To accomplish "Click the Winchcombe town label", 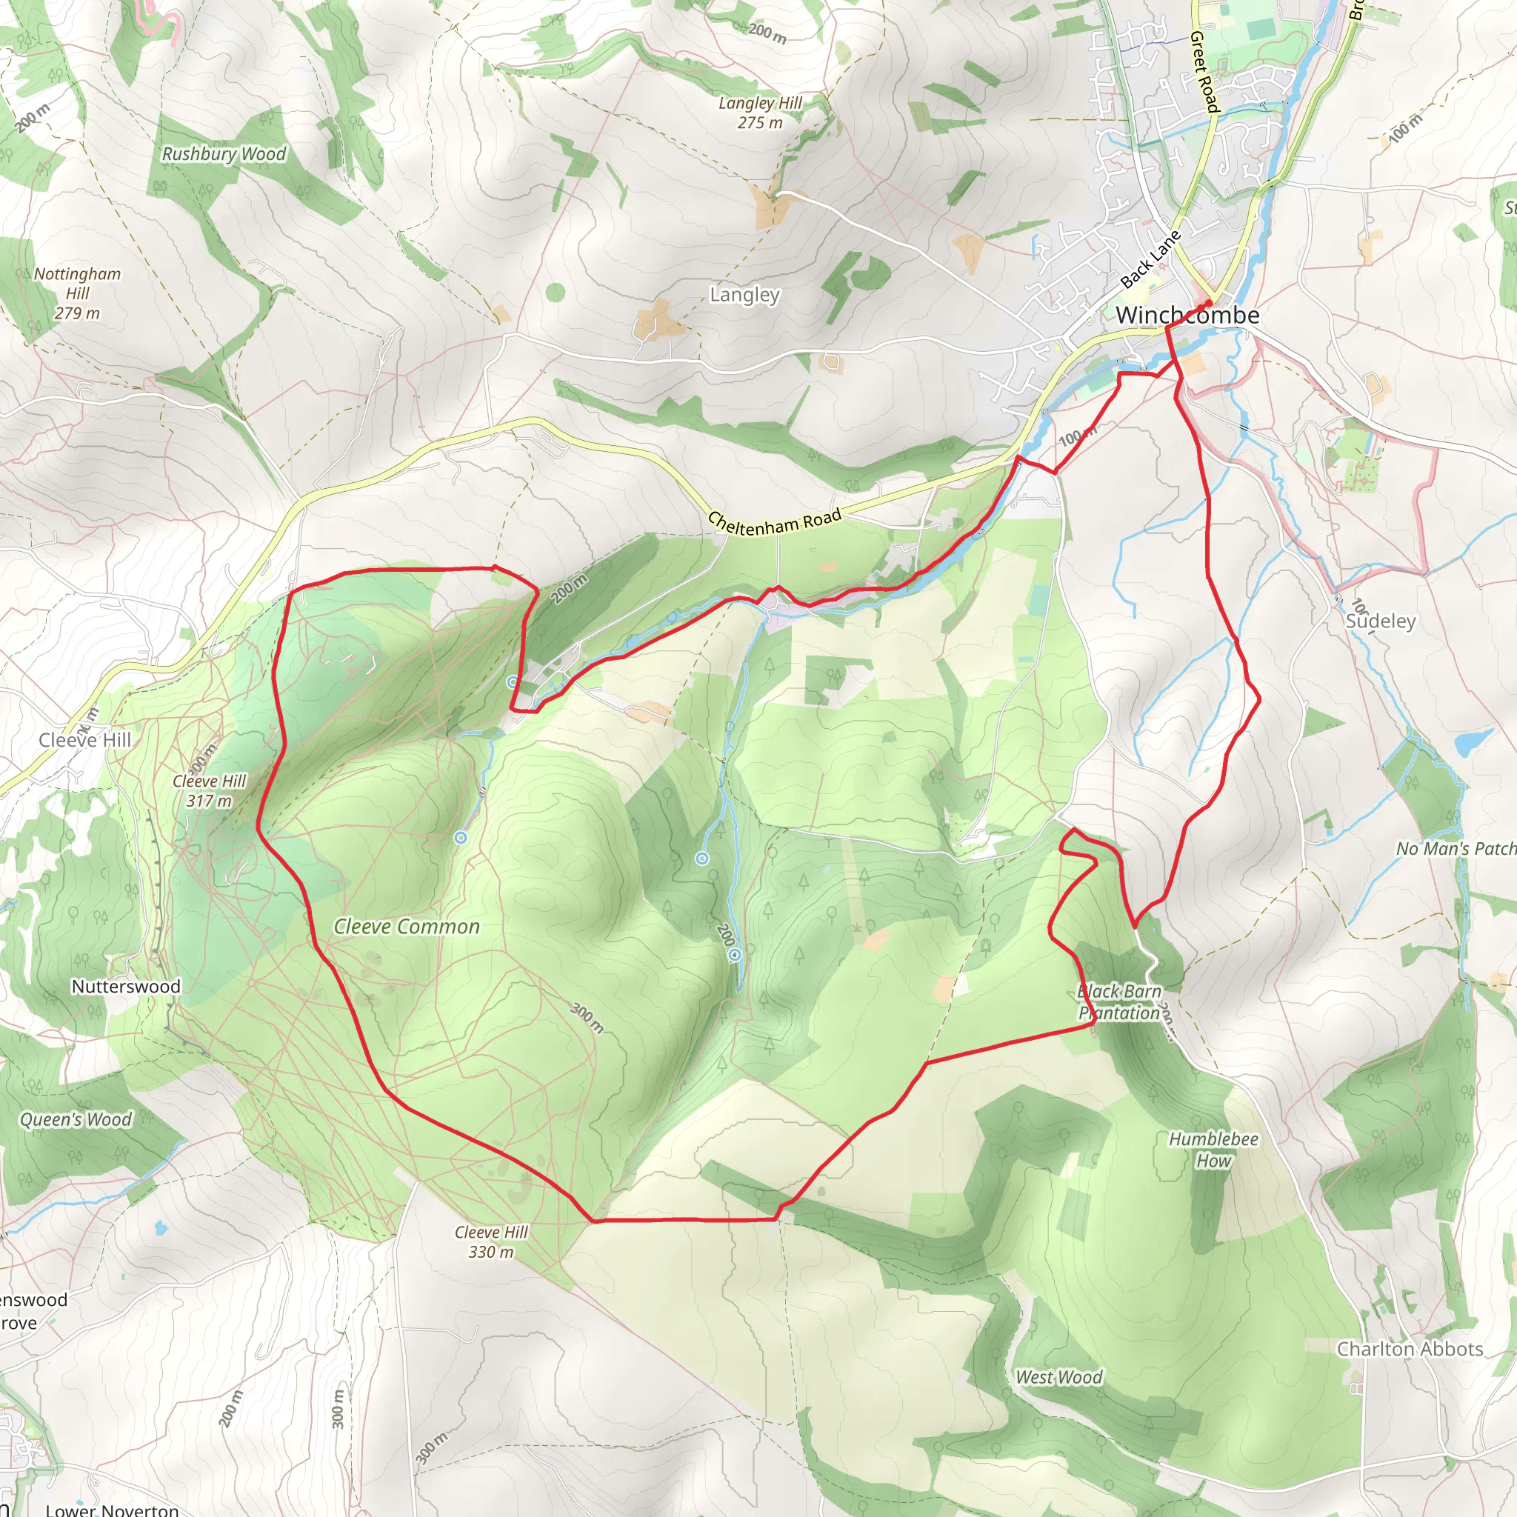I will coord(1187,316).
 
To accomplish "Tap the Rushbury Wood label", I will coord(224,154).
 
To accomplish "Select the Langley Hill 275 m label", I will coord(760,113).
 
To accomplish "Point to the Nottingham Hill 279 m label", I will coord(77,293).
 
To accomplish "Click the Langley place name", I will coord(744,295).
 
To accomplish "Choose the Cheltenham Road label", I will coord(774,521).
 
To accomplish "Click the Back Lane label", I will coord(1150,260).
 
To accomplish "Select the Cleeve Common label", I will coord(407,927).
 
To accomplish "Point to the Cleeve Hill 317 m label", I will coord(210,790).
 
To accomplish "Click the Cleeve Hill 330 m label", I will coord(492,1241).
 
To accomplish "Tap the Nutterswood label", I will coord(126,986).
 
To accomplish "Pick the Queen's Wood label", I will coord(76,1120).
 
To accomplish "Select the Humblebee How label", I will coord(1213,1150).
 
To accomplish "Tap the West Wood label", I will coord(1059,1377).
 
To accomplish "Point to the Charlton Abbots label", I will coord(1410,1349).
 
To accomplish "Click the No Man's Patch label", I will coord(1455,849).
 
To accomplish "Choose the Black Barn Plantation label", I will coord(1120,1002).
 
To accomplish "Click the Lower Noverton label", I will coord(113,1509).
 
